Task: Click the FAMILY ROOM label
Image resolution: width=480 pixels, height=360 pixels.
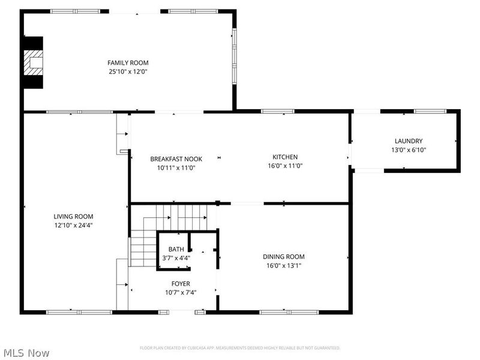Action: (x=128, y=63)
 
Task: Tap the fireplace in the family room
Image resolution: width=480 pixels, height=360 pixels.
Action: (x=34, y=63)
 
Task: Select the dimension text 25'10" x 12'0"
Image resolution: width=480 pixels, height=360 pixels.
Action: (x=128, y=71)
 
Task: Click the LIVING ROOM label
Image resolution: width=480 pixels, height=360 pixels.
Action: (x=73, y=217)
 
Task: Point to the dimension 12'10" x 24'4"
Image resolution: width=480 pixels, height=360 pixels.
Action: (x=73, y=226)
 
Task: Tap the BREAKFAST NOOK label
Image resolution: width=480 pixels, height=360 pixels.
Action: (x=176, y=159)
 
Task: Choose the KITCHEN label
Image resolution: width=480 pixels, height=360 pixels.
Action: (x=285, y=157)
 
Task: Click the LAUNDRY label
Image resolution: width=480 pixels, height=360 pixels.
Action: (x=408, y=141)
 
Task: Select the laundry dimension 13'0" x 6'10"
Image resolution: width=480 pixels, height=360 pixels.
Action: (x=408, y=150)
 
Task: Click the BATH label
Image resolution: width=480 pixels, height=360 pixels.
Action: (x=176, y=249)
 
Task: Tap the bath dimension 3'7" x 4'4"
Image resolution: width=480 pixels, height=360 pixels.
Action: (x=176, y=258)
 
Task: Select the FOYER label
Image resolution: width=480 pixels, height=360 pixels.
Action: (x=181, y=284)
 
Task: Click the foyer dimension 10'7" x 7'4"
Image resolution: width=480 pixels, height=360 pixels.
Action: (x=181, y=293)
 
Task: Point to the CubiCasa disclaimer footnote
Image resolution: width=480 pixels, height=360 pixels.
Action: (x=240, y=348)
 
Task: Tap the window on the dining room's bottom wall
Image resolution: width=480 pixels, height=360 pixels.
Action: (x=289, y=312)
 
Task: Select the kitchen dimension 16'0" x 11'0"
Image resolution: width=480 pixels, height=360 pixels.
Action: (x=285, y=166)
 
